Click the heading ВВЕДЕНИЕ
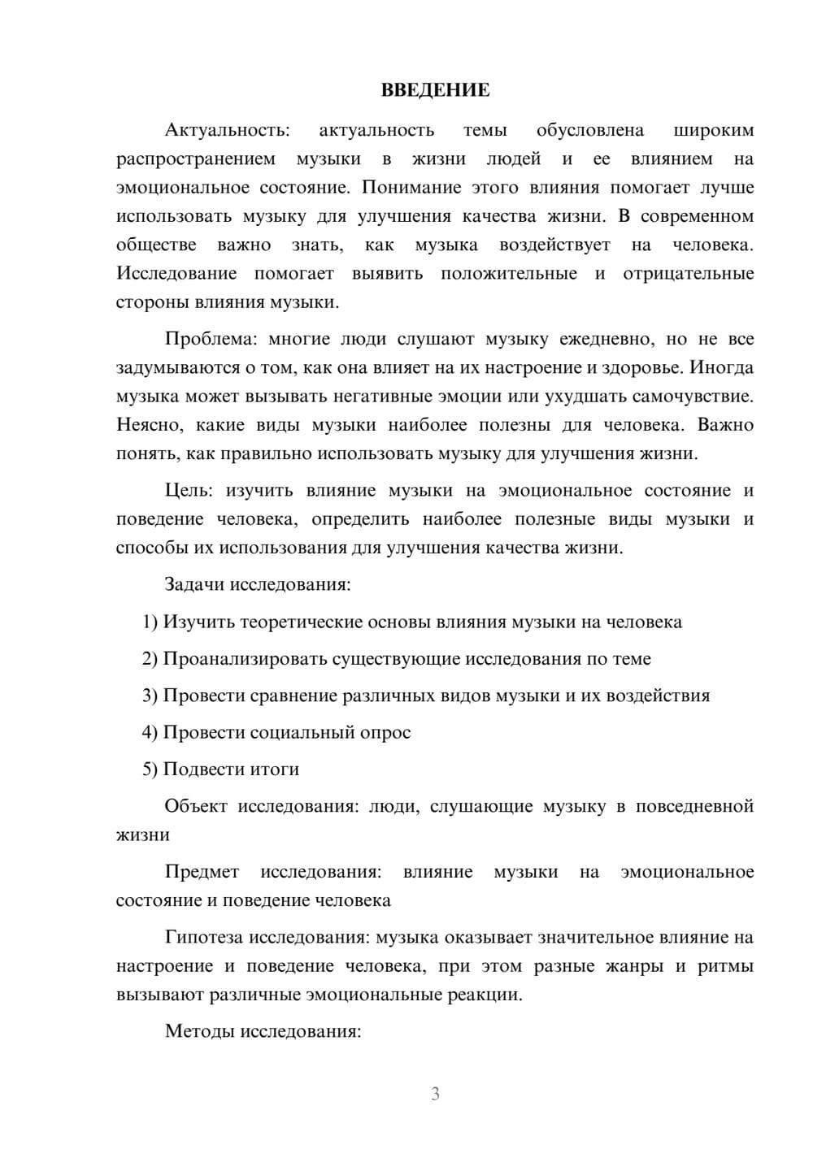(435, 90)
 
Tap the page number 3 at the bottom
(435, 1094)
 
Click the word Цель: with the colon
(189, 490)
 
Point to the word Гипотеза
(204, 937)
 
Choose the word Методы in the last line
(195, 1031)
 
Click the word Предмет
(202, 872)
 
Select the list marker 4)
(150, 732)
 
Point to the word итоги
(274, 769)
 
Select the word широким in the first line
(714, 130)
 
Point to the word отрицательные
(688, 273)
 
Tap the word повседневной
(694, 806)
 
